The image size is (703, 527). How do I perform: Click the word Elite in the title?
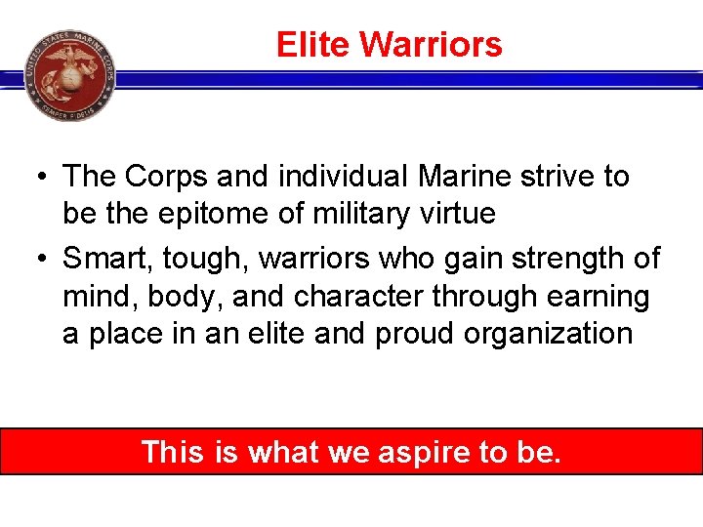313,45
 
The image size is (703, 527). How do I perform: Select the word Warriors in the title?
431,45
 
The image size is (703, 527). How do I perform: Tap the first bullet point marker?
39,178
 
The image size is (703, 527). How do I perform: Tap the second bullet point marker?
39,260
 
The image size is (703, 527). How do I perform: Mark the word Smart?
104,260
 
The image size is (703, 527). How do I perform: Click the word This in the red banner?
172,452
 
